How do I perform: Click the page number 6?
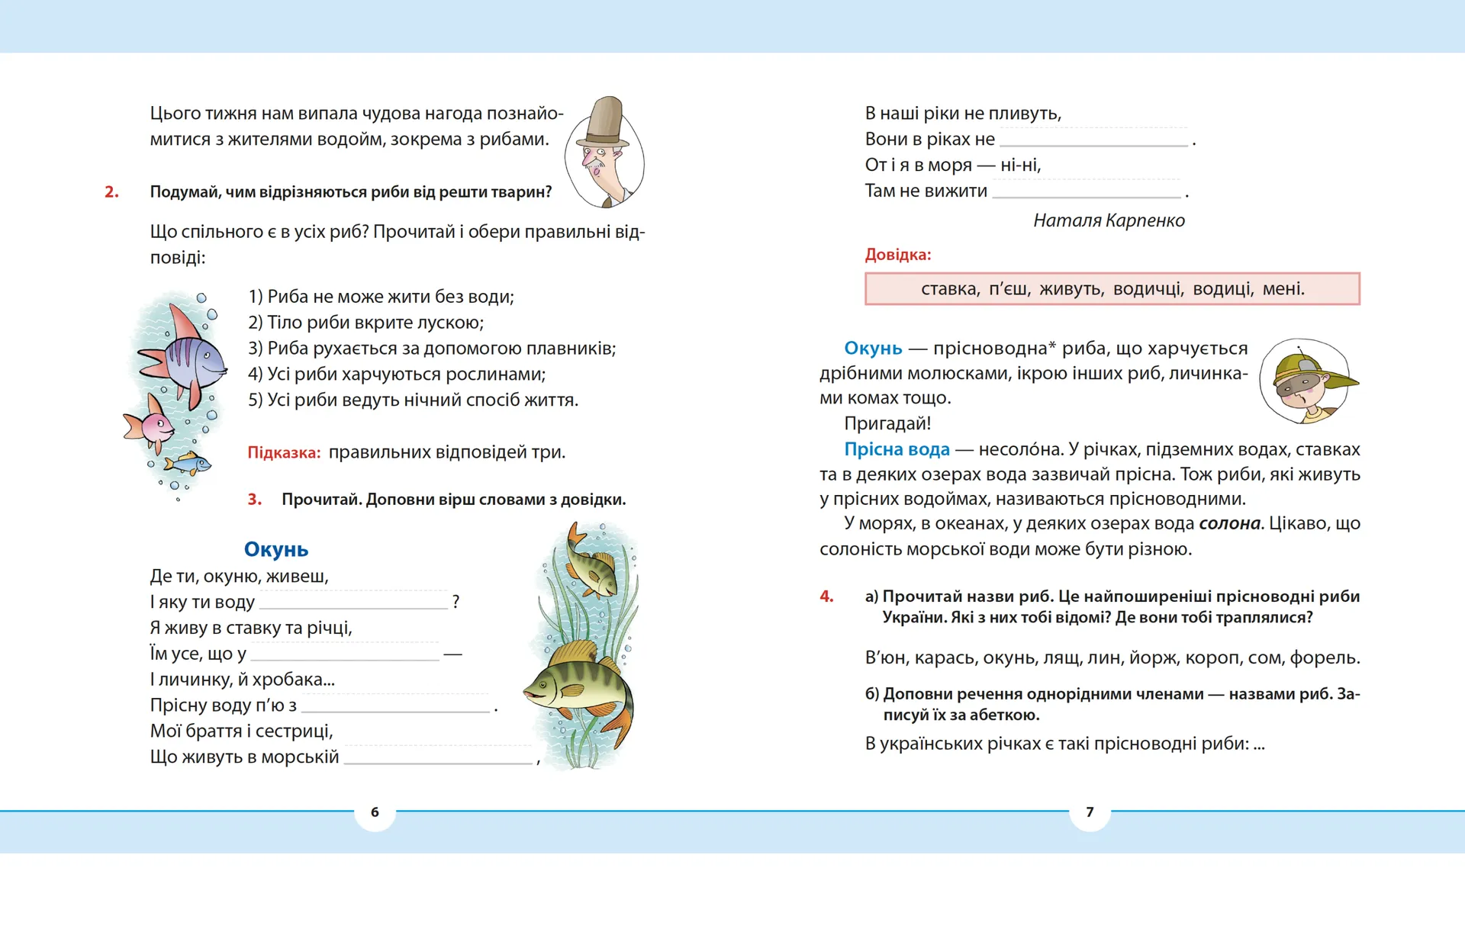point(375,812)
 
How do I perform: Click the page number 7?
point(1090,812)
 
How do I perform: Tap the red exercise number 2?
point(111,192)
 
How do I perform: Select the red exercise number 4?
point(826,596)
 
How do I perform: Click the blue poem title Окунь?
point(276,549)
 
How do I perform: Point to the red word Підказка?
point(284,452)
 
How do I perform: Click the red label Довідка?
point(898,255)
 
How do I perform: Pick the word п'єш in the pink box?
point(1009,289)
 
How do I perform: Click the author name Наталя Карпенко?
point(1109,220)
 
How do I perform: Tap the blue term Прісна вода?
point(897,449)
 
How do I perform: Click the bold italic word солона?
point(1229,523)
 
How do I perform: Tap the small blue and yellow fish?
point(187,462)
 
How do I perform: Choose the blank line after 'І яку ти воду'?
point(353,603)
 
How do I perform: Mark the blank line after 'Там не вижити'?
point(1086,191)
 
